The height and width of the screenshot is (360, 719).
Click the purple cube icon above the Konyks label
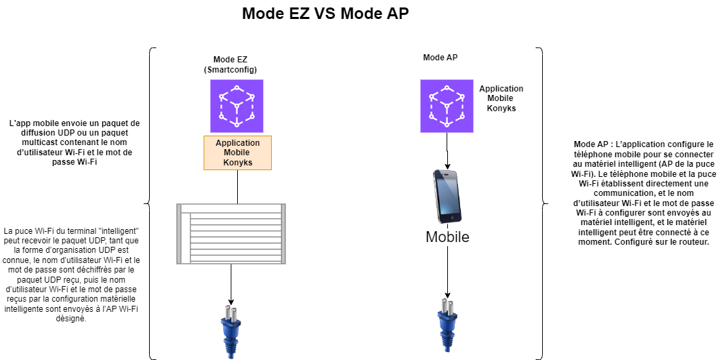click(237, 106)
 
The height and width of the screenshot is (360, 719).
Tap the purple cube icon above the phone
click(447, 106)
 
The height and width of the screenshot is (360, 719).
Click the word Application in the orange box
click(237, 143)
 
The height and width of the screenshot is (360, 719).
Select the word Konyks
click(237, 163)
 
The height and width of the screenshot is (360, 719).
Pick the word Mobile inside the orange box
click(237, 153)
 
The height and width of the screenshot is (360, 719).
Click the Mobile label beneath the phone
click(447, 237)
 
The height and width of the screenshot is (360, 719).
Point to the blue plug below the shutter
click(230, 331)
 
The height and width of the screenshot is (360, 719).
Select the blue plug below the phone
click(447, 324)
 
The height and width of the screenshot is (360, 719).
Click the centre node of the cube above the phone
click(447, 106)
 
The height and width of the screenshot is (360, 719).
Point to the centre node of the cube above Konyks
click(237, 106)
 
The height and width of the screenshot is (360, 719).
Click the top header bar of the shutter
click(231, 208)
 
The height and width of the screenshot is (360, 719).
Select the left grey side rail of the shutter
click(180, 234)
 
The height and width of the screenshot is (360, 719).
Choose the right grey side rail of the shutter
click(283, 234)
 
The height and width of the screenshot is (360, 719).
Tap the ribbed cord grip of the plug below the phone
click(447, 342)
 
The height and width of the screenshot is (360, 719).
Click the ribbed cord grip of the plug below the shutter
click(231, 349)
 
